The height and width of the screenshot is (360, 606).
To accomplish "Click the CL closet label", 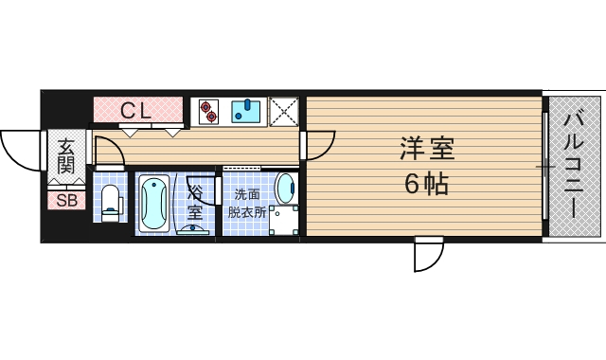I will (x=135, y=110).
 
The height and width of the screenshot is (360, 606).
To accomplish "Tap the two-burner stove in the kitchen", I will (x=207, y=112).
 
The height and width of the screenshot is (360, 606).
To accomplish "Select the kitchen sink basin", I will (x=245, y=112).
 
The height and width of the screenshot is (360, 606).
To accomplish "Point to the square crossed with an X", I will (x=283, y=112).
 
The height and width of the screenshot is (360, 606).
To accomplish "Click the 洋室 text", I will (x=426, y=150).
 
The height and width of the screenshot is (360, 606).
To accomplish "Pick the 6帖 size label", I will (x=426, y=184).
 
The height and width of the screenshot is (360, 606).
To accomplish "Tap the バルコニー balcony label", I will (x=574, y=167).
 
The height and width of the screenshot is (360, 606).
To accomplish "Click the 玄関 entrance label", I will (x=65, y=156).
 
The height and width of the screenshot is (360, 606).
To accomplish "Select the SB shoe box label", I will (x=65, y=200).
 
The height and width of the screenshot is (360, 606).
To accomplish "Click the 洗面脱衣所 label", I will (x=245, y=203).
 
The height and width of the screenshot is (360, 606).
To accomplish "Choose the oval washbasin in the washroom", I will (x=284, y=189).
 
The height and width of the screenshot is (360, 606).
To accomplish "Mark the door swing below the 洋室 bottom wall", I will (x=428, y=255).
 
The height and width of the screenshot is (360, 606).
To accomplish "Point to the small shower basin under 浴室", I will (x=195, y=228).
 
